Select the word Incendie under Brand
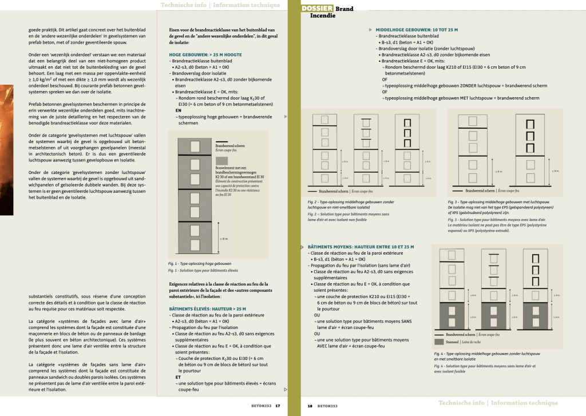322,15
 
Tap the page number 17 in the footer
278,406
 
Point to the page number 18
310,406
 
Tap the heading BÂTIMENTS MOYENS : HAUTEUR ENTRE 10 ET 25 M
361,247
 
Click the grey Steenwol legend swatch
439,342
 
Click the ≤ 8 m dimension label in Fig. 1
223,239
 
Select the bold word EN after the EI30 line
179,110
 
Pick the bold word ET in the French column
178,377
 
